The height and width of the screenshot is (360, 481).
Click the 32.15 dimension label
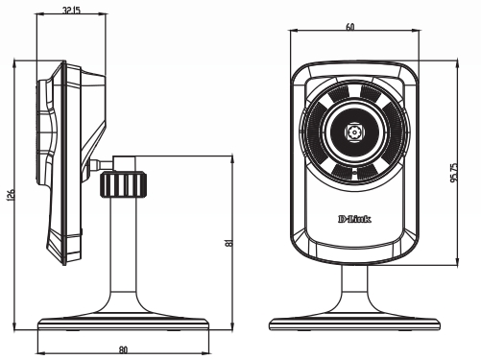click(71, 10)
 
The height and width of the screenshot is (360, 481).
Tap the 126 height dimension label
click(11, 195)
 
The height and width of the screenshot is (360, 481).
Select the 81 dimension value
click(229, 243)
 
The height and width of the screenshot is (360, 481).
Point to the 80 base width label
click(123, 349)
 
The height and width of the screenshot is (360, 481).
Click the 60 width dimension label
click(350, 27)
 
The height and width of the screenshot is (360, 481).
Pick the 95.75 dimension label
click(454, 173)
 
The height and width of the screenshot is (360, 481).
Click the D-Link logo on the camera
click(354, 219)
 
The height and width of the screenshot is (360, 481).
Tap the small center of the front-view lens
click(354, 132)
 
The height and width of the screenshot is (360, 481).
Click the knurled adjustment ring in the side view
click(124, 184)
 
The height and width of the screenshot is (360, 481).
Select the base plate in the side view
click(123, 324)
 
